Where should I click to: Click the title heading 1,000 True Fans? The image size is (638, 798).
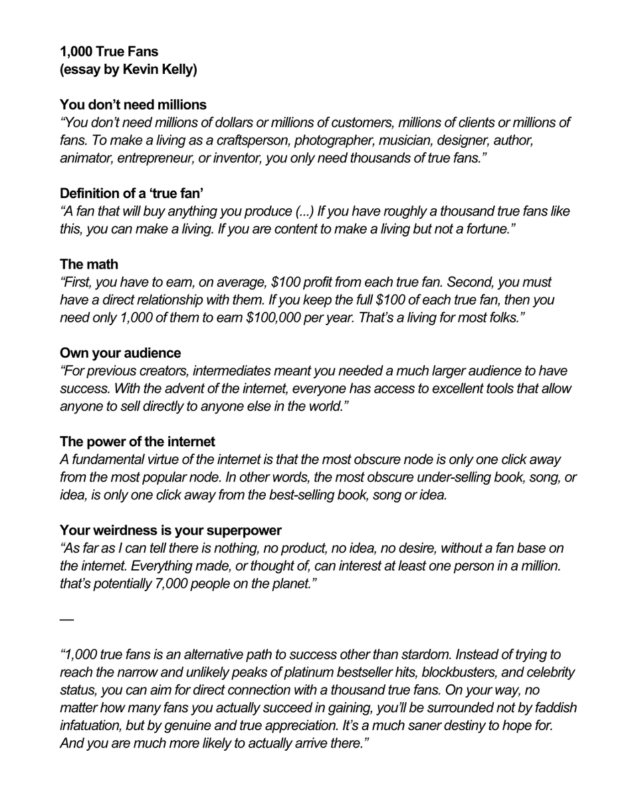pyautogui.click(x=109, y=51)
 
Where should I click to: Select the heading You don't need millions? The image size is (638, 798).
pyautogui.click(x=133, y=104)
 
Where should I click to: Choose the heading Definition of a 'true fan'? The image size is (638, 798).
pyautogui.click(x=132, y=194)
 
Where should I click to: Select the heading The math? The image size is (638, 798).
pyautogui.click(x=88, y=264)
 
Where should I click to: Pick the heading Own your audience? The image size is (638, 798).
pyautogui.click(x=120, y=352)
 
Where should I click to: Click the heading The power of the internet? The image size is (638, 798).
pyautogui.click(x=138, y=441)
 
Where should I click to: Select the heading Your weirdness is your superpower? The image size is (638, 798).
pyautogui.click(x=171, y=530)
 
